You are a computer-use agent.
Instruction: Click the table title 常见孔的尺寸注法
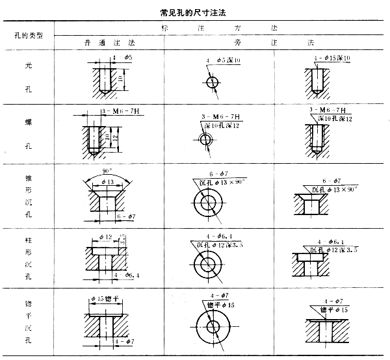pyautogui.click(x=195, y=12)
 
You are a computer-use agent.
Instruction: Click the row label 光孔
pyautogui.click(x=27, y=75)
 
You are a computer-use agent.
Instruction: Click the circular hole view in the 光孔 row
pyautogui.click(x=211, y=82)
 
